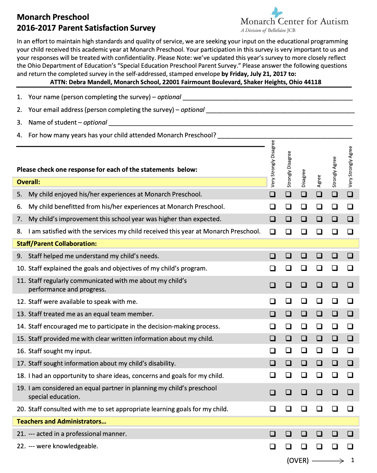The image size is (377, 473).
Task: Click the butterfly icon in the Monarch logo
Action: coord(277,12)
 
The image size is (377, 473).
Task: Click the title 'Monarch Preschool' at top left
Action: coord(53,17)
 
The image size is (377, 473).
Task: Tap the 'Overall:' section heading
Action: coord(28,182)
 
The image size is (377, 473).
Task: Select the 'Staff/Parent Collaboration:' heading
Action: coord(56,244)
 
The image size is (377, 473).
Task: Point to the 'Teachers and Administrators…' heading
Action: coord(61,422)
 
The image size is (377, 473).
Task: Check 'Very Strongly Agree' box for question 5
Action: coord(350,194)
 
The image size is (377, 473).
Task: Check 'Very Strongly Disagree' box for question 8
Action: coord(273,232)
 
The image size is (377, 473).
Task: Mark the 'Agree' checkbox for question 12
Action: coord(319,301)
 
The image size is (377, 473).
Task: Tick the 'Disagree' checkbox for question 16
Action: coord(304,351)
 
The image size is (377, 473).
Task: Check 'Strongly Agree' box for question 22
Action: coord(335,446)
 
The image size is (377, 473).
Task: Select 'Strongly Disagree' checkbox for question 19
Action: coord(288,392)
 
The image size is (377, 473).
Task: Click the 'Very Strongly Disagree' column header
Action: coord(273,164)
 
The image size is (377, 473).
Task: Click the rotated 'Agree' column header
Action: coord(319,181)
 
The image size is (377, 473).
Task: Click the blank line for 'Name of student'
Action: coord(230,123)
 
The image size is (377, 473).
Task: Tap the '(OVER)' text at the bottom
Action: coord(298,461)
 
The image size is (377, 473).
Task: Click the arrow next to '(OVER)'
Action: coord(328,461)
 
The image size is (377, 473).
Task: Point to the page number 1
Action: coord(352,460)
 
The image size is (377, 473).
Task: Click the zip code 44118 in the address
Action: coord(312,82)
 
